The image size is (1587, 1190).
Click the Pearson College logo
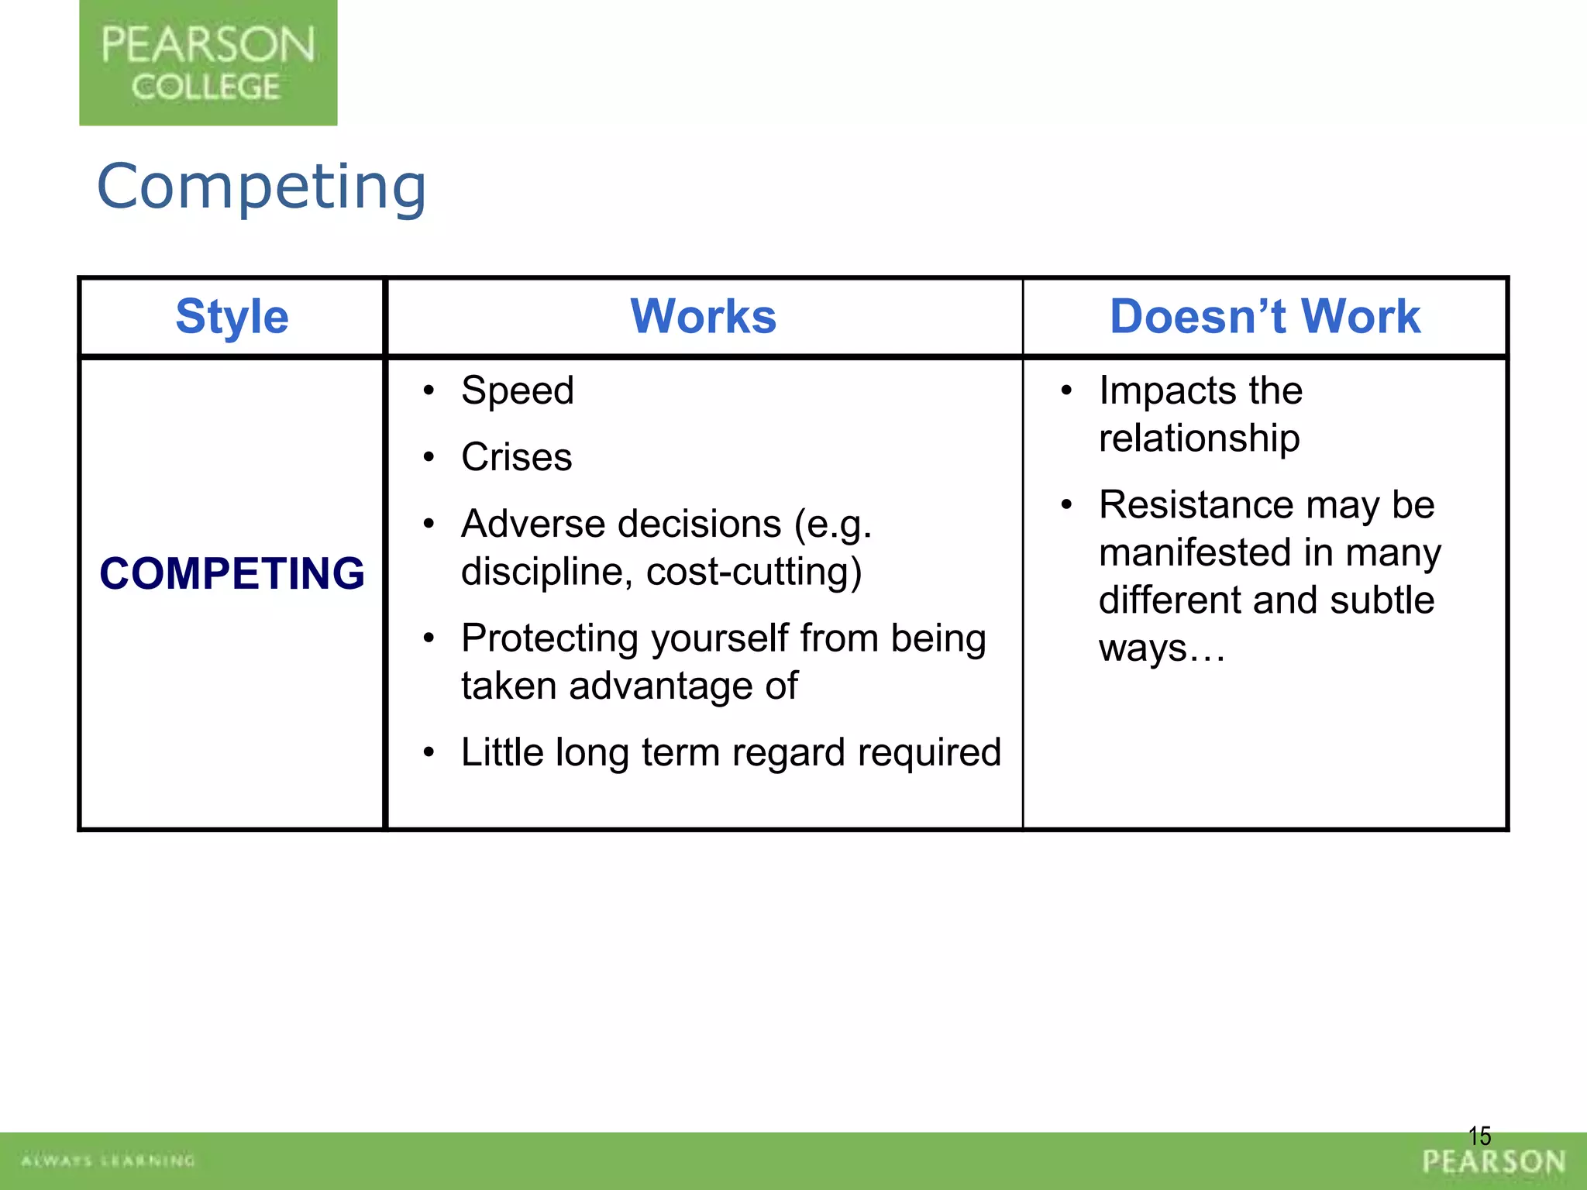tap(208, 63)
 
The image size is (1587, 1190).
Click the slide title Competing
tap(261, 187)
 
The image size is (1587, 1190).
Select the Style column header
tap(232, 317)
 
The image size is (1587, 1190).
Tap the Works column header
tap(703, 317)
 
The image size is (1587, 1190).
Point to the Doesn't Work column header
tap(1265, 317)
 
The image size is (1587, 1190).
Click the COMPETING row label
tap(232, 574)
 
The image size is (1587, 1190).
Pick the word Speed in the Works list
tap(517, 390)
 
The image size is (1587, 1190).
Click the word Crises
tap(516, 457)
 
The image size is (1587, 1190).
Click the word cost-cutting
tap(753, 572)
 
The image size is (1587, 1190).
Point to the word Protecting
tap(549, 638)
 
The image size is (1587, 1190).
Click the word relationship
tap(1199, 439)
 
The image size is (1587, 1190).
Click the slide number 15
tap(1479, 1137)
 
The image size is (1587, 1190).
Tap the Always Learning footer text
tap(108, 1161)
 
